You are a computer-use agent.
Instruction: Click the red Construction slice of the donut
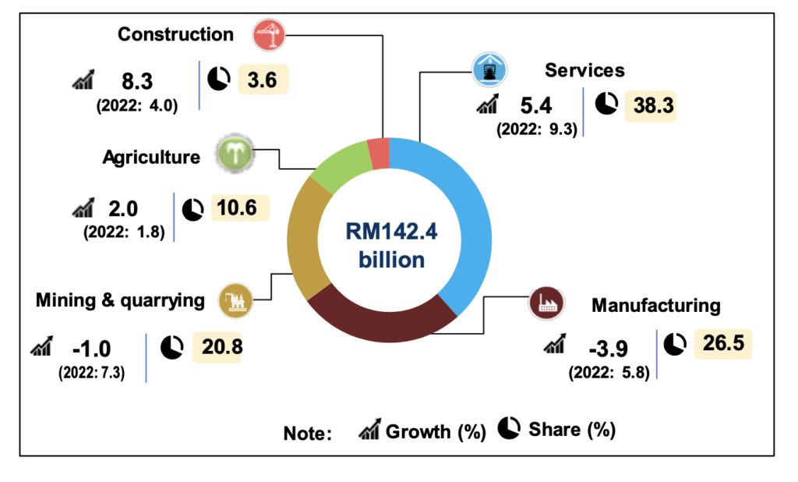point(379,153)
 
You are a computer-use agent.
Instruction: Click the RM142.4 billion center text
point(391,244)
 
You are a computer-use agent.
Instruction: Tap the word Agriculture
point(151,157)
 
